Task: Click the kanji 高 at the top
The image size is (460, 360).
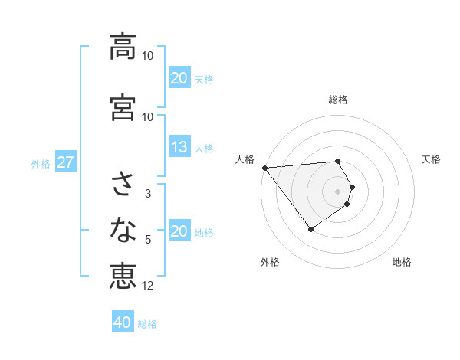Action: (123, 47)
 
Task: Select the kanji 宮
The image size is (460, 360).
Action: (123, 108)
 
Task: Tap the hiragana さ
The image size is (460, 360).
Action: (123, 185)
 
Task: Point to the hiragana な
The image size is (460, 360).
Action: (123, 229)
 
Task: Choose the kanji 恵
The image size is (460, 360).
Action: (123, 276)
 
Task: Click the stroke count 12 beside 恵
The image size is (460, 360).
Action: (148, 286)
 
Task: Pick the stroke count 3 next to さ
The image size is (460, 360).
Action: (148, 194)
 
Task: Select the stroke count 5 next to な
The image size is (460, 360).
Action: (148, 240)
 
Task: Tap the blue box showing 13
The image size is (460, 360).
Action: (179, 148)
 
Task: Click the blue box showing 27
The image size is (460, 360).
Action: (65, 163)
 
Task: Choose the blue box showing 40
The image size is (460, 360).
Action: (123, 323)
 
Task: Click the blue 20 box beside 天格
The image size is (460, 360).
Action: (179, 78)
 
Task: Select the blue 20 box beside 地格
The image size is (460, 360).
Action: (179, 232)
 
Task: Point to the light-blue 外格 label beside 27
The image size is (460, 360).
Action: (41, 164)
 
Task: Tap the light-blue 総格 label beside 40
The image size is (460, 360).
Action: (147, 324)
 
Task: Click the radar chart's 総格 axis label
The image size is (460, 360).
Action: (338, 100)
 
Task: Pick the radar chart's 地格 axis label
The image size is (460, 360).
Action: (402, 263)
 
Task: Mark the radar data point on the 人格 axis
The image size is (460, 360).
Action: (264, 168)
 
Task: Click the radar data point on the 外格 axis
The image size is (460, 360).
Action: (310, 229)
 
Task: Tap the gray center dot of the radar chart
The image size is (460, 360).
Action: (338, 191)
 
